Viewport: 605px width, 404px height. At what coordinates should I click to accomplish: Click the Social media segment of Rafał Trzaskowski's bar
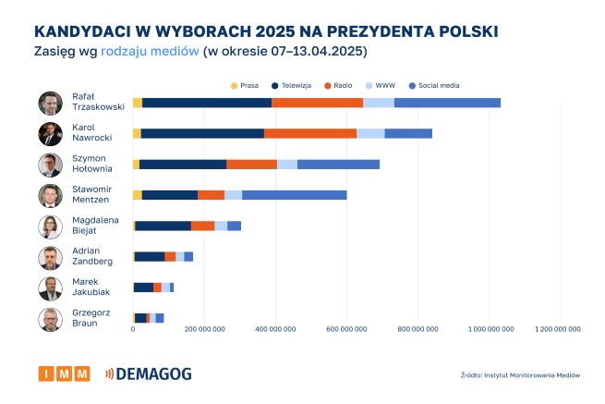pyautogui.click(x=447, y=103)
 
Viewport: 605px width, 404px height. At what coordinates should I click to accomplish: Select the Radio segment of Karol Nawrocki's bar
pyautogui.click(x=310, y=134)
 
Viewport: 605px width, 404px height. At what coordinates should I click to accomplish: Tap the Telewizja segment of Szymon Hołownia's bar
pyautogui.click(x=183, y=165)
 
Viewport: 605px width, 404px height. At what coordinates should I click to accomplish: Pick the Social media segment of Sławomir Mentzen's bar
pyautogui.click(x=294, y=195)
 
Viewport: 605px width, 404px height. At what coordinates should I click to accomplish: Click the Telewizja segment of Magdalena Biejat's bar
pyautogui.click(x=163, y=226)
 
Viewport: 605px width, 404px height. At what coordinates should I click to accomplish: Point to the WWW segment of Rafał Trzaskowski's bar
pyautogui.click(x=379, y=103)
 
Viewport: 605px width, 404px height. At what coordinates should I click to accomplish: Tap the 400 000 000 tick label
pyautogui.click(x=275, y=328)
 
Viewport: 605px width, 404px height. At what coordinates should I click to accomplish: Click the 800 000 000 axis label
pyautogui.click(x=417, y=328)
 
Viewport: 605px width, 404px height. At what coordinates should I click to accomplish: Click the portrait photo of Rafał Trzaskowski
pyautogui.click(x=50, y=104)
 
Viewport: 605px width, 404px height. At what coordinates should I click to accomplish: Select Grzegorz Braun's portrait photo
pyautogui.click(x=50, y=320)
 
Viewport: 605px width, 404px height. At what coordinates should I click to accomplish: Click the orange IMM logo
pyautogui.click(x=64, y=373)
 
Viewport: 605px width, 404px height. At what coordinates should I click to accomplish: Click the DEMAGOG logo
pyautogui.click(x=151, y=373)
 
